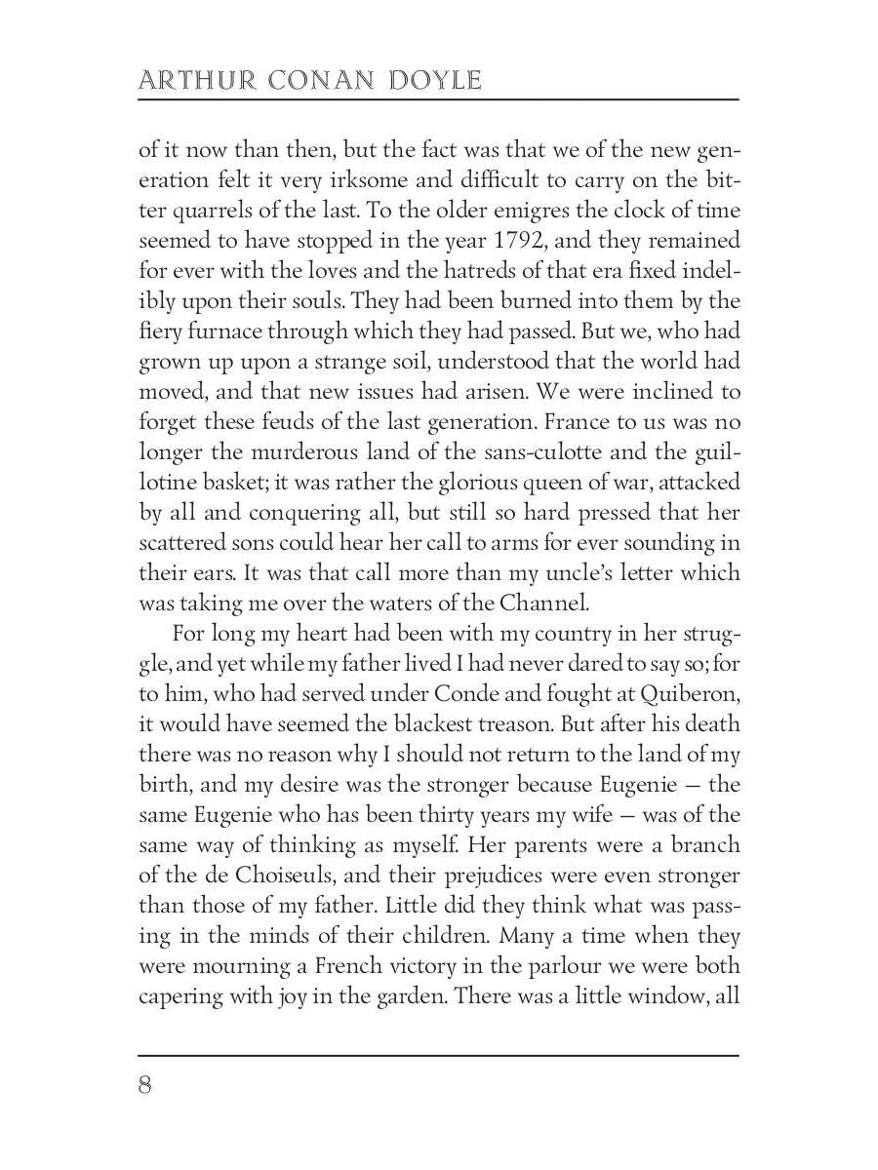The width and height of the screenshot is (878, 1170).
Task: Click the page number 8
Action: click(144, 1085)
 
